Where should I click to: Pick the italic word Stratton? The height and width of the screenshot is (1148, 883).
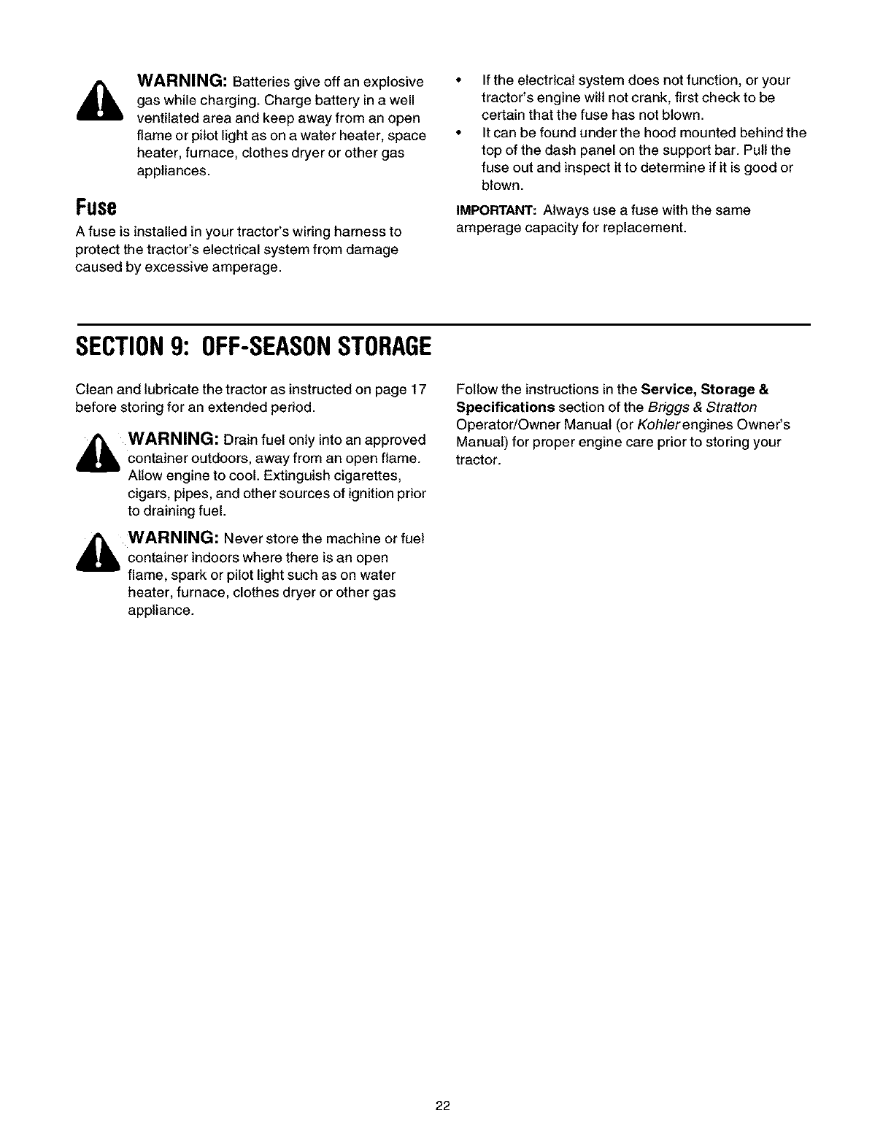click(732, 407)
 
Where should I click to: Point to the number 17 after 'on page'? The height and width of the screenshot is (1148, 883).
click(417, 389)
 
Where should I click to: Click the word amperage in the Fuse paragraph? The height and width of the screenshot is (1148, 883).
click(244, 267)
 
